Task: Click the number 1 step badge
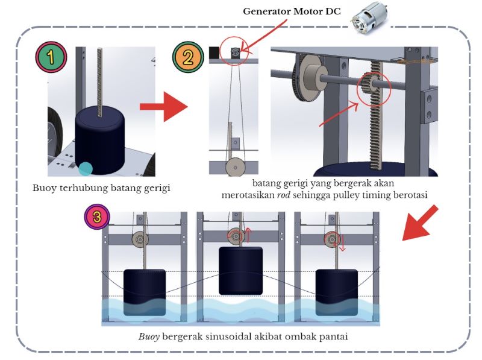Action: [x=51, y=58]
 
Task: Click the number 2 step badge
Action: [x=188, y=58]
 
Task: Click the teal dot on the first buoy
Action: [x=86, y=168]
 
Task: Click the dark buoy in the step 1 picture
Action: [x=99, y=139]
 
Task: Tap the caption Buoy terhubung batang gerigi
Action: [x=101, y=188]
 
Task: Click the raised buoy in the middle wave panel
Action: [x=241, y=270]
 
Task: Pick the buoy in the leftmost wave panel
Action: [x=145, y=292]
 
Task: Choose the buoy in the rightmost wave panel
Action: [x=336, y=292]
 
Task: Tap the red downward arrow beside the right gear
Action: [x=342, y=244]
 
